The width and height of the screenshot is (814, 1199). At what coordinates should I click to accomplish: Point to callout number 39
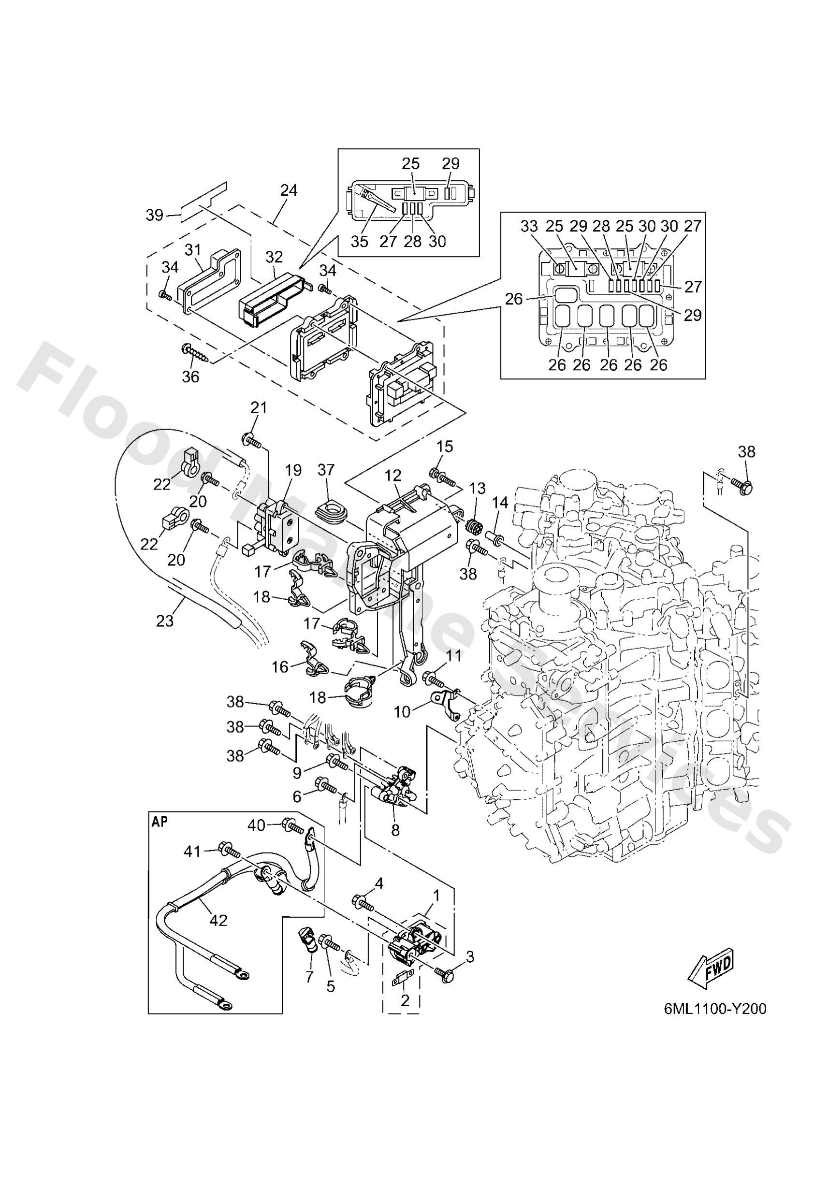click(154, 215)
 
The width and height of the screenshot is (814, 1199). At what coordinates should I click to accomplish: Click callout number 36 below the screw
click(190, 377)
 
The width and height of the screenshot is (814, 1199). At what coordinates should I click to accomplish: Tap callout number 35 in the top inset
click(360, 241)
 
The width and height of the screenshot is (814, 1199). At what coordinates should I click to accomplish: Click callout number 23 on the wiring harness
click(165, 621)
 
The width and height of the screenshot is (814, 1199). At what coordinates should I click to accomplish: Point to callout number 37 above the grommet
click(326, 470)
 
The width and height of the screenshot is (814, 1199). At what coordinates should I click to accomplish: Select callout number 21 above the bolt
click(259, 407)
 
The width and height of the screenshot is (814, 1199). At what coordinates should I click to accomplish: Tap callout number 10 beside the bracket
click(403, 711)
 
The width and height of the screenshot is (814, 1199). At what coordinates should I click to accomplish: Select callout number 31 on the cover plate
click(192, 250)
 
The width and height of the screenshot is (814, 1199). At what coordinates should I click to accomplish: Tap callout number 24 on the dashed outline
click(289, 190)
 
